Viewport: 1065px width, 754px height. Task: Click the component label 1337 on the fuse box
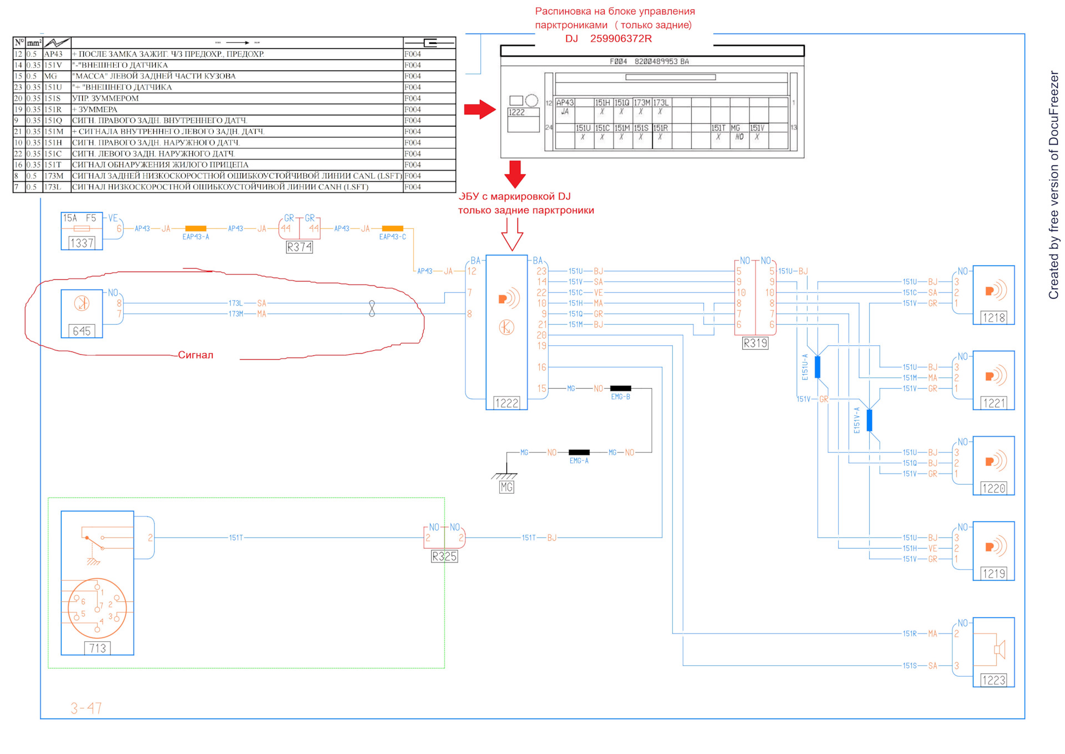pos(82,243)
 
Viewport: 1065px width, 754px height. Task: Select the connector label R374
pos(299,247)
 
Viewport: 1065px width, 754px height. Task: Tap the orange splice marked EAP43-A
pos(195,228)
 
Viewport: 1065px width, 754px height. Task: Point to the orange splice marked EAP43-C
pos(393,228)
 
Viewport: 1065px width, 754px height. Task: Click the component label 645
pos(82,331)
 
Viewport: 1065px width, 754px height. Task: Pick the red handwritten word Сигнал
pos(195,355)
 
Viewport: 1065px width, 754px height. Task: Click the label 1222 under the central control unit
pos(506,403)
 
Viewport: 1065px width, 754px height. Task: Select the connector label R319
pos(755,343)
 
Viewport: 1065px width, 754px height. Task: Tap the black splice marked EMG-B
pos(620,388)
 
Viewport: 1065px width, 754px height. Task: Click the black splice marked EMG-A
pos(579,452)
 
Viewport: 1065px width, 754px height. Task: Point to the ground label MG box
pos(506,487)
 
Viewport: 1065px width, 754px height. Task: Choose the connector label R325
pos(444,556)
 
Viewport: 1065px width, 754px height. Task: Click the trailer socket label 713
pos(98,648)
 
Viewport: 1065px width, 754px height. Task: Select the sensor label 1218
pos(993,318)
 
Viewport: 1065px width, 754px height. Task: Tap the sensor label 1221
pos(993,403)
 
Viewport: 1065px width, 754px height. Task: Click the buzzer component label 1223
pos(993,680)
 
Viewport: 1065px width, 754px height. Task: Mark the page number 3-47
pos(86,708)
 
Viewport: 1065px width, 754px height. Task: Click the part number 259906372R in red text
pos(621,38)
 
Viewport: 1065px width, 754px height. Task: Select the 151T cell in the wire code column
pos(53,165)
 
